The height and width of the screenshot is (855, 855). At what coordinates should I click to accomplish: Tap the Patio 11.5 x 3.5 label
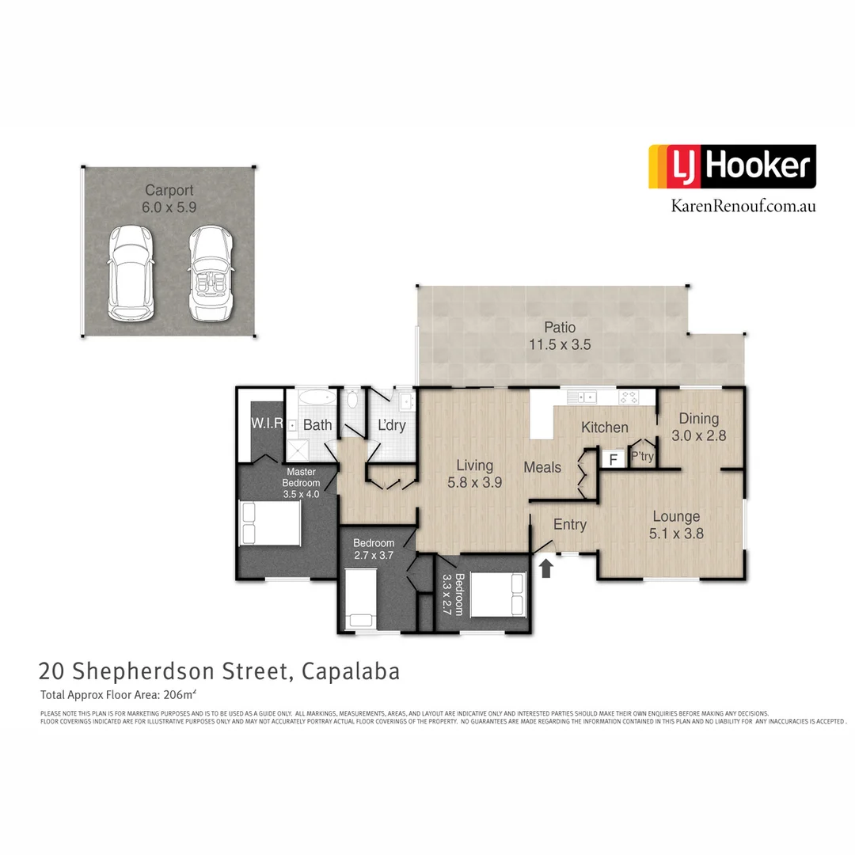click(x=560, y=336)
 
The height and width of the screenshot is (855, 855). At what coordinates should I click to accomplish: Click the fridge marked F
click(x=612, y=458)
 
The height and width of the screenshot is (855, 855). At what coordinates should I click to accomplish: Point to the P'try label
click(x=641, y=457)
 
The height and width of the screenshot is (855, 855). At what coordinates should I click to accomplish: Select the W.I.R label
click(x=267, y=424)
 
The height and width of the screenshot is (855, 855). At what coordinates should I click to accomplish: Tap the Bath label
click(x=317, y=425)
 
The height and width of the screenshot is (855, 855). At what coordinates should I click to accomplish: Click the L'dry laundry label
click(x=391, y=426)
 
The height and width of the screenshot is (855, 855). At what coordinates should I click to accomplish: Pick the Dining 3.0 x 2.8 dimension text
click(x=699, y=435)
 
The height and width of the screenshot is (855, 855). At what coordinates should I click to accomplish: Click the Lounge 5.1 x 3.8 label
click(x=676, y=525)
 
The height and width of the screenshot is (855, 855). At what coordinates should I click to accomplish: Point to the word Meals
click(x=542, y=467)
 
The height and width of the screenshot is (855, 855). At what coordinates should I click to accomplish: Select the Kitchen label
click(x=605, y=427)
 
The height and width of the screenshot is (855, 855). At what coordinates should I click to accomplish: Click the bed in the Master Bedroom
click(x=270, y=523)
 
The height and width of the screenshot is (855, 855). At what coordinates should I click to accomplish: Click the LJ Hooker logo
click(x=732, y=166)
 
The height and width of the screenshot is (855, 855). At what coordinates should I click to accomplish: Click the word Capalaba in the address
click(x=352, y=671)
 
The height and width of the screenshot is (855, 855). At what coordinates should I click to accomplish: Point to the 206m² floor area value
click(x=179, y=695)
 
